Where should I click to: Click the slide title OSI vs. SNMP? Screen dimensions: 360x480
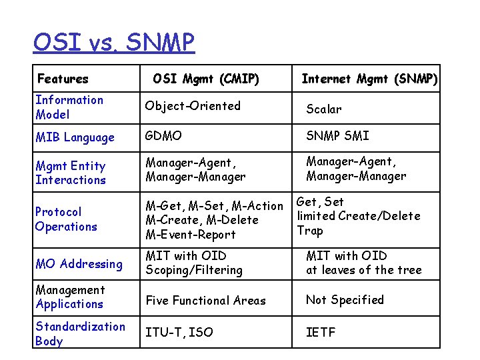(x=113, y=43)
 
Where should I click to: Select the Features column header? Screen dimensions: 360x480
(x=63, y=79)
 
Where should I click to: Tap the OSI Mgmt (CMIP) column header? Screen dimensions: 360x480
(x=205, y=79)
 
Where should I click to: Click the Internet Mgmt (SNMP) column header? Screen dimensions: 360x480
(x=369, y=79)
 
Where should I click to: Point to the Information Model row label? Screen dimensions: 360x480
(x=69, y=107)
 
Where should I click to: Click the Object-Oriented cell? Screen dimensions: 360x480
(x=193, y=106)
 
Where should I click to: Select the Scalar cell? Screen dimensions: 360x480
(x=323, y=109)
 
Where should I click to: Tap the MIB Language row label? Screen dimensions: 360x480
(x=75, y=137)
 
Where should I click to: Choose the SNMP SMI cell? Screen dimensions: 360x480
(x=337, y=136)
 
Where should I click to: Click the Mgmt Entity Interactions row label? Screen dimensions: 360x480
(x=71, y=173)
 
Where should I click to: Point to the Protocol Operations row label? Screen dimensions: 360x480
(x=66, y=219)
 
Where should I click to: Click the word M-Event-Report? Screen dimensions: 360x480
(x=191, y=235)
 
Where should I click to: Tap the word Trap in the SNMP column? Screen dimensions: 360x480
(x=310, y=231)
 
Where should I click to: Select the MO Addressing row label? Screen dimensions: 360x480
(x=79, y=264)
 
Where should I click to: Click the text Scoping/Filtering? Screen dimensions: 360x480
(x=194, y=270)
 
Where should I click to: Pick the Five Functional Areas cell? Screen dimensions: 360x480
(x=205, y=301)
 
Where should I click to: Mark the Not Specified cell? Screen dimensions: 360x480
(x=345, y=300)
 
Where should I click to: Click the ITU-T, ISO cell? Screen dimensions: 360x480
(x=179, y=332)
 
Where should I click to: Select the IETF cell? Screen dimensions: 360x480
(x=321, y=332)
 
